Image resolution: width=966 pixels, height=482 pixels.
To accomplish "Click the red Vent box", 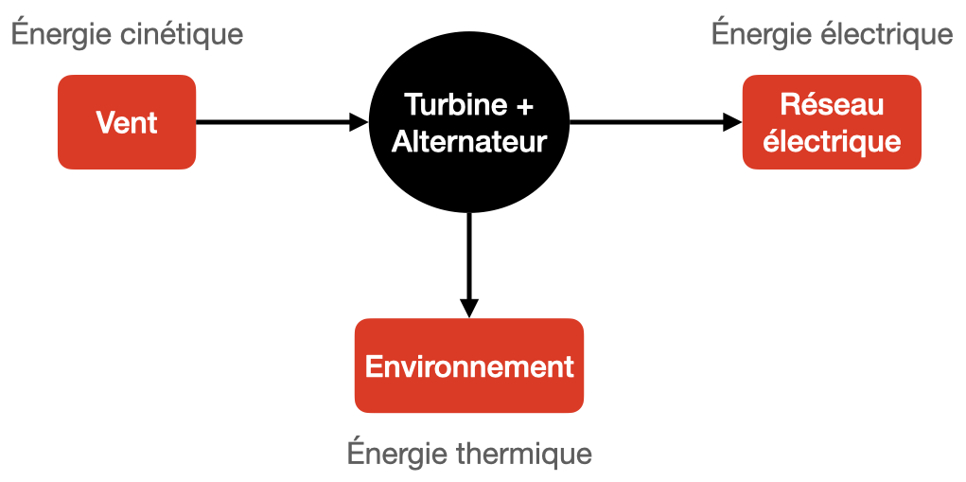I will point(127,122).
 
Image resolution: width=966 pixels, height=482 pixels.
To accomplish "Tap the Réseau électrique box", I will point(831,122).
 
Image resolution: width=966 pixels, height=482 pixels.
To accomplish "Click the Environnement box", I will point(469,366).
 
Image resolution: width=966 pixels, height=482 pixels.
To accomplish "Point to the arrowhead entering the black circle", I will point(358,122).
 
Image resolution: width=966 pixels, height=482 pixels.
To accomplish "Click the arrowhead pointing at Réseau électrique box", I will point(732,122).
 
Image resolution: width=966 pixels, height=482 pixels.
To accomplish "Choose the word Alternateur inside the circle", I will point(469,142).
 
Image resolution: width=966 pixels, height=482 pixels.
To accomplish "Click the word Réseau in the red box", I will point(831,104).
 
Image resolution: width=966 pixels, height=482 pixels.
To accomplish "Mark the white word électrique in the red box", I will point(831,142).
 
